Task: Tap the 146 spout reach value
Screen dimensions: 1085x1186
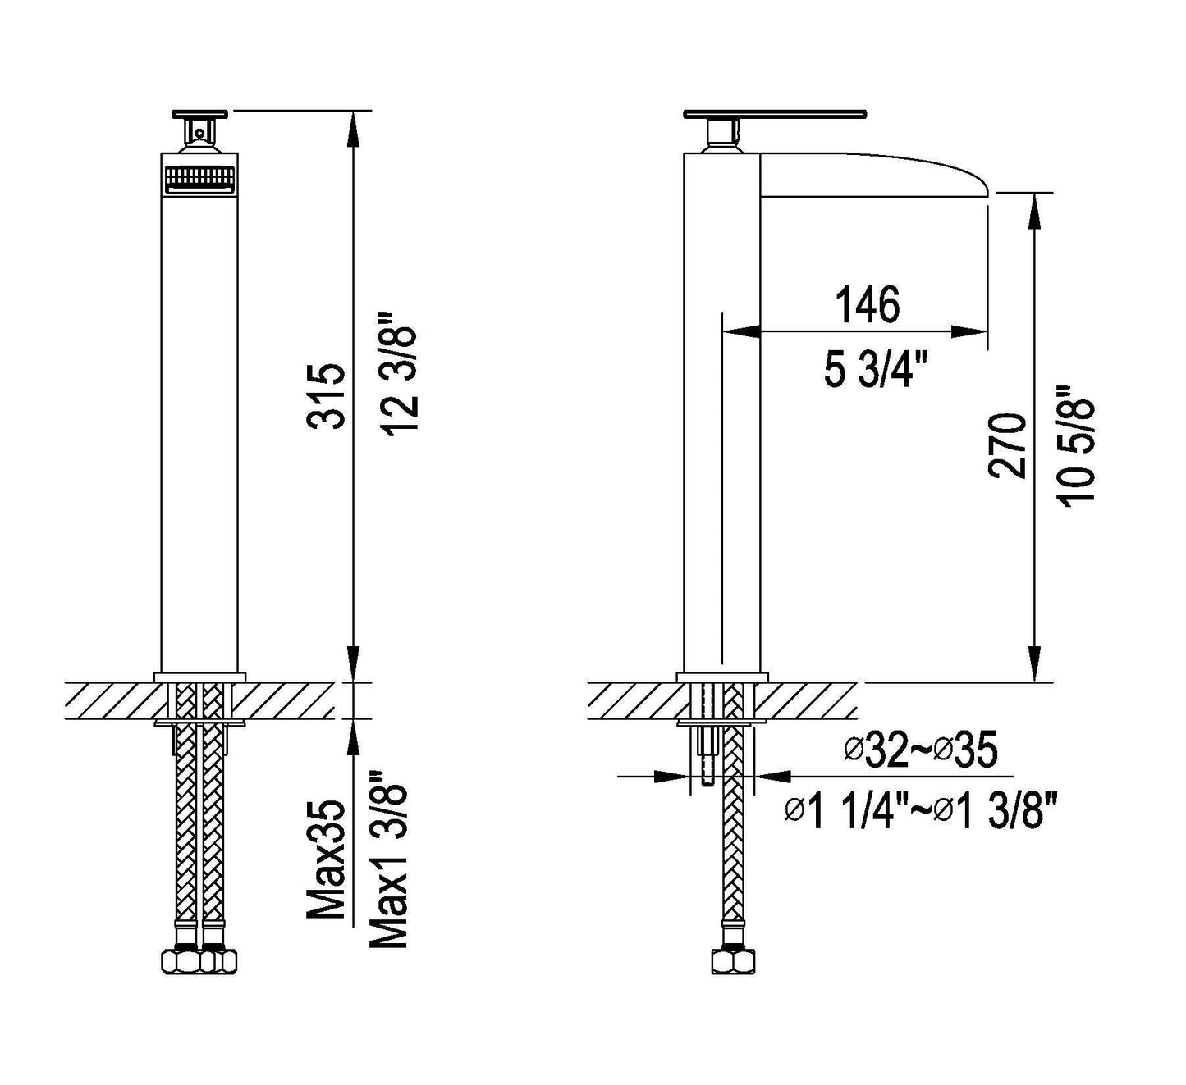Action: point(868,304)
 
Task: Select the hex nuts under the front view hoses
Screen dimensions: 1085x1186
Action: point(201,960)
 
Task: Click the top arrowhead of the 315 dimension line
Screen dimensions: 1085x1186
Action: point(354,123)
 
